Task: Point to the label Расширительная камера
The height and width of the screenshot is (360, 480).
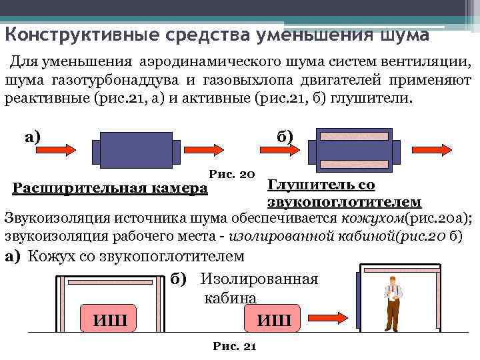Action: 110,189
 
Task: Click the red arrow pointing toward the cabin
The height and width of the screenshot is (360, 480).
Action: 323,315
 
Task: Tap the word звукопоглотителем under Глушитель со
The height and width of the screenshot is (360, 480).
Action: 343,202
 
